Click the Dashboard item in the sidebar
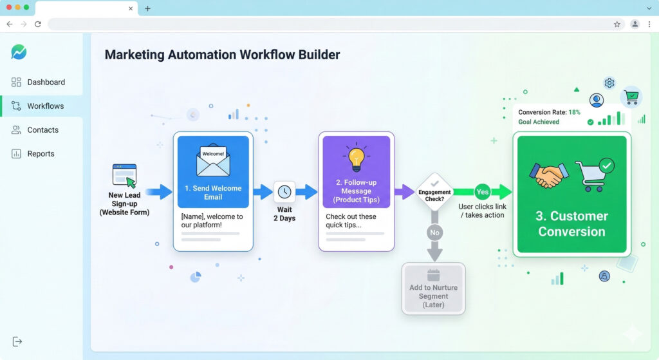pos(45,82)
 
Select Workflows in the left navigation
pos(45,106)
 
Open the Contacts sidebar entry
pos(42,130)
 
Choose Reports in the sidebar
pos(41,154)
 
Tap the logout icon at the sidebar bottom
pos(17,341)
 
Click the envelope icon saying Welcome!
pos(213,160)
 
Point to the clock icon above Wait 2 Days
pos(284,192)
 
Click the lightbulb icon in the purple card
pos(356,158)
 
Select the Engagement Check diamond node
pos(434,192)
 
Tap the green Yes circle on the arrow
pos(482,191)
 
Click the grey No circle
pos(434,232)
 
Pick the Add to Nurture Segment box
pos(433,289)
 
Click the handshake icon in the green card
pos(549,175)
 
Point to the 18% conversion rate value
pos(574,112)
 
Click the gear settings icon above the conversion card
pos(609,83)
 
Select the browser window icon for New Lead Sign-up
pos(124,175)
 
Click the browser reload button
pos(38,24)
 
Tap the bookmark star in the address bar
pos(617,24)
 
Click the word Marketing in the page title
pos(133,55)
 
